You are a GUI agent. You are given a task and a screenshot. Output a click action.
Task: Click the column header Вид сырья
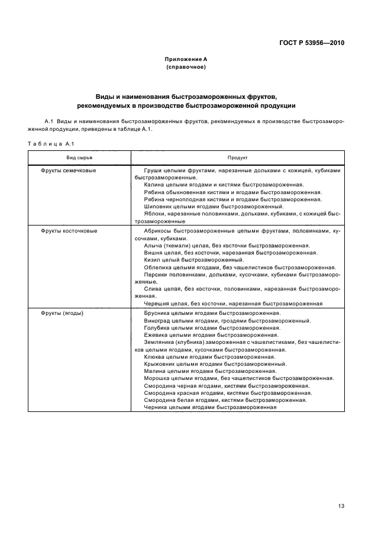pyautogui.click(x=79, y=158)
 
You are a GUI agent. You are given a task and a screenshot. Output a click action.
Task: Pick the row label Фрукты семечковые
pyautogui.click(x=69, y=170)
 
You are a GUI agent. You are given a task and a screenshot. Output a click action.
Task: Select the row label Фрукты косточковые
pyautogui.click(x=69, y=231)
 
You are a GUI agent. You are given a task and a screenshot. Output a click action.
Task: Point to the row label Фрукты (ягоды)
pyautogui.click(x=62, y=313)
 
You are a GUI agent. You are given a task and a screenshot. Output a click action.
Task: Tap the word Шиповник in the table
pyautogui.click(x=157, y=207)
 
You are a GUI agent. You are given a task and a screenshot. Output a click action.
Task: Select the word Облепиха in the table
pyautogui.click(x=157, y=267)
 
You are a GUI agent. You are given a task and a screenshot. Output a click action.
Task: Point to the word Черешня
pyautogui.click(x=156, y=303)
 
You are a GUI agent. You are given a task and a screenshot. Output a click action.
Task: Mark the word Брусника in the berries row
pyautogui.click(x=157, y=313)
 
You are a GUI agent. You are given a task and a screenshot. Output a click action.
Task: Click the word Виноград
pyautogui.click(x=157, y=320)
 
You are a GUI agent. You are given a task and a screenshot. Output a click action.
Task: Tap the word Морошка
pyautogui.click(x=157, y=378)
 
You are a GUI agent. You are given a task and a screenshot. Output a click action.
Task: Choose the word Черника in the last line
pyautogui.click(x=156, y=407)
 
